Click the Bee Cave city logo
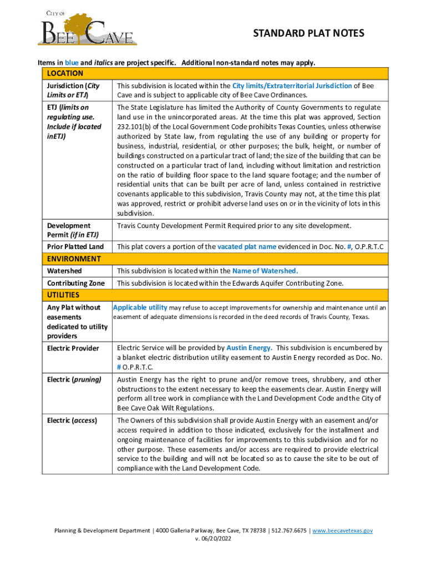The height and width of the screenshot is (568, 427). [87, 29]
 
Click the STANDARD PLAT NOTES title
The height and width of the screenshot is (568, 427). [309, 34]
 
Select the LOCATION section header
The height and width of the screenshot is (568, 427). [65, 74]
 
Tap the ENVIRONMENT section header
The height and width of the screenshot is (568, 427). [74, 259]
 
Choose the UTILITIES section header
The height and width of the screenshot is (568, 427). [63, 295]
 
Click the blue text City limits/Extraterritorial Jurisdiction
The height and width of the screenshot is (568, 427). [292, 86]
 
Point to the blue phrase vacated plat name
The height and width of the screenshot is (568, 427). [247, 246]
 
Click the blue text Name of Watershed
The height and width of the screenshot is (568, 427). [265, 271]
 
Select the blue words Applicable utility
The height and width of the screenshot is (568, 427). [140, 307]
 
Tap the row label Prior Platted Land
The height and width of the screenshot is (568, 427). [75, 246]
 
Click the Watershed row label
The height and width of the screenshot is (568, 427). [64, 271]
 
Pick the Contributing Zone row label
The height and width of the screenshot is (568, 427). [75, 283]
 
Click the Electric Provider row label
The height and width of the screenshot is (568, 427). [73, 348]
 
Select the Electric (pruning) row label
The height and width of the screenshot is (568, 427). [74, 380]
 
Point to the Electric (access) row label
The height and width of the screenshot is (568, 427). [72, 420]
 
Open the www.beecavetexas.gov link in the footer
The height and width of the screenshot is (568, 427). [342, 531]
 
